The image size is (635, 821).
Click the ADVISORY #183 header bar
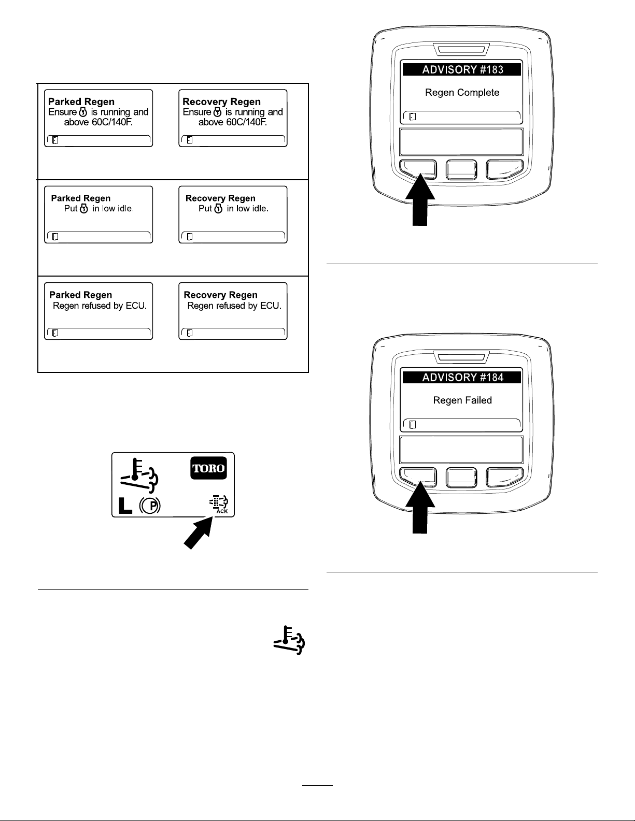click(461, 69)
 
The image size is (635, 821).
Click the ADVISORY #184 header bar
click(461, 378)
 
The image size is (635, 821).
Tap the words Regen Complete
click(462, 93)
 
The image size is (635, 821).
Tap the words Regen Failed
click(462, 400)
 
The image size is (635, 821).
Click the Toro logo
click(208, 468)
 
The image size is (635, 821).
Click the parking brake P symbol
click(150, 505)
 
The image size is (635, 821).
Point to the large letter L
click(125, 506)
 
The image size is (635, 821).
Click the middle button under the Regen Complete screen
click(461, 170)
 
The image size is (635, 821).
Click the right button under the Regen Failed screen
click(504, 477)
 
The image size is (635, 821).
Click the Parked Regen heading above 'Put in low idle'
click(81, 198)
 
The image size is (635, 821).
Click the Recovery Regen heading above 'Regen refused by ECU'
click(220, 295)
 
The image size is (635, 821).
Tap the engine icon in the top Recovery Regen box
click(217, 112)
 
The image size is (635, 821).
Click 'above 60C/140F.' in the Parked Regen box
click(98, 122)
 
